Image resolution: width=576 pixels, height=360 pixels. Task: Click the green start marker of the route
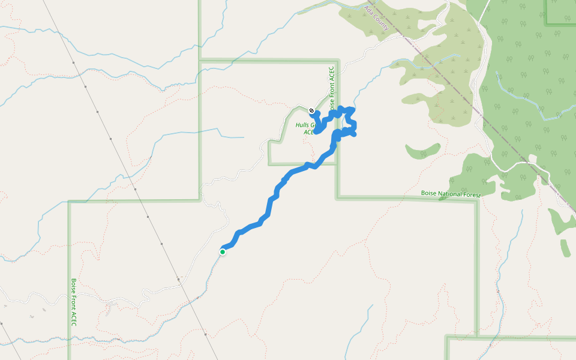pos(223,252)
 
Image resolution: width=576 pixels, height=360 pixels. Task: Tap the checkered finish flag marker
pos(311,110)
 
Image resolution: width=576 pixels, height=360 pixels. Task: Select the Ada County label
pos(377,19)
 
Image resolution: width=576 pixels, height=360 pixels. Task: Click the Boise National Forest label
pos(451,194)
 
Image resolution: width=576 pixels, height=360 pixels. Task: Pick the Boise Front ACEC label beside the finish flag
pos(331,84)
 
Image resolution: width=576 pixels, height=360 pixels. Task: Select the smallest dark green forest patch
pos(566,248)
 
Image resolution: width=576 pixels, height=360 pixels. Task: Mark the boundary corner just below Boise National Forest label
pos(477,199)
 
